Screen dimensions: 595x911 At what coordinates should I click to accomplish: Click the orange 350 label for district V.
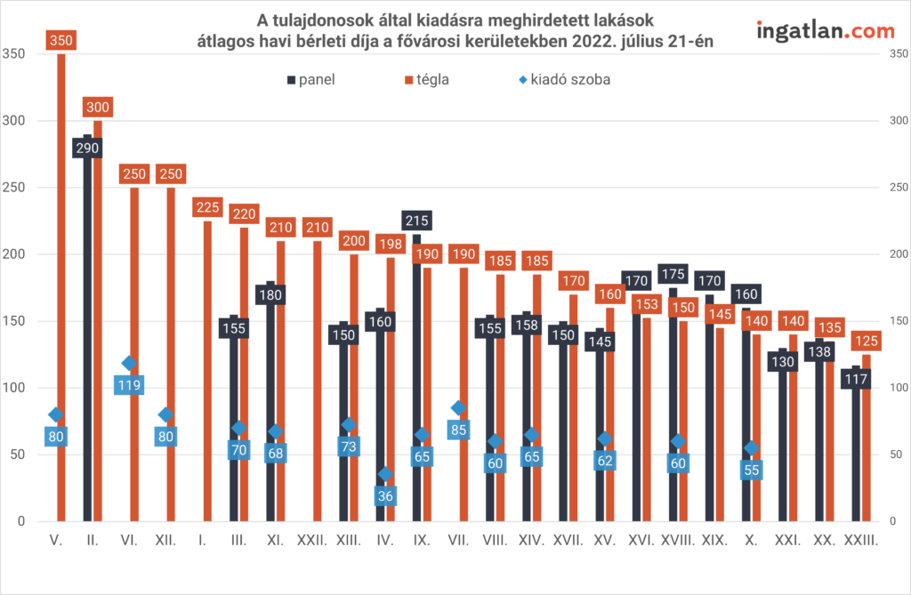61,40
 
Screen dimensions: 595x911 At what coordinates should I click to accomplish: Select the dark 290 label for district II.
87,148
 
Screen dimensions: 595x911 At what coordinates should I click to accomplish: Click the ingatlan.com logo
825,30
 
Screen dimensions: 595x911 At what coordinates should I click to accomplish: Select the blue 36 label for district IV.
385,495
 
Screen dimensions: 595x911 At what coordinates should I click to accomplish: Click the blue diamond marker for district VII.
458,408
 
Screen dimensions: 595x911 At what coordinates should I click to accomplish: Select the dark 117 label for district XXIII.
856,379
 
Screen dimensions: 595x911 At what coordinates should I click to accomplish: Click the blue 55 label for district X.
752,470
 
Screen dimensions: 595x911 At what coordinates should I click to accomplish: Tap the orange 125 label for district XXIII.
867,340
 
